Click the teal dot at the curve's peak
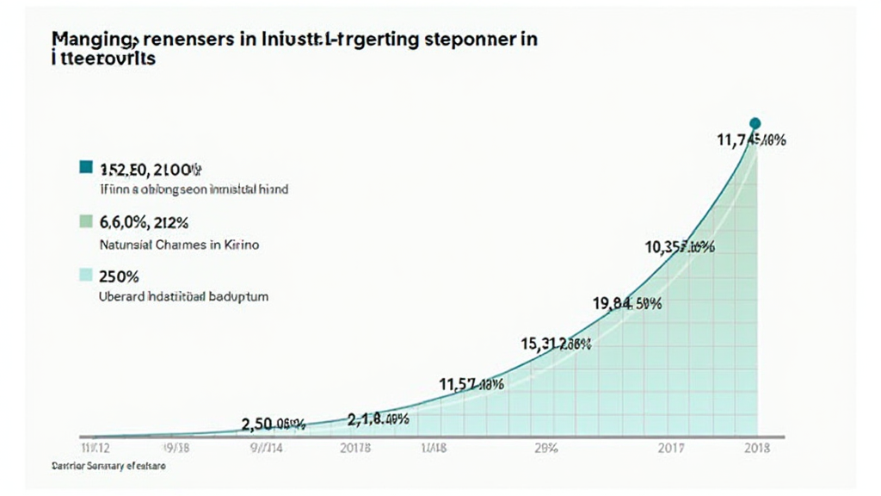pos(755,123)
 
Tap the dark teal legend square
pos(85,168)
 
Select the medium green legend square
pos(85,222)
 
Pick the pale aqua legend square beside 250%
pos(85,276)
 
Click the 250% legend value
pos(120,276)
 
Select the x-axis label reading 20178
pos(355,449)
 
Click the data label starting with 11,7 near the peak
pos(750,141)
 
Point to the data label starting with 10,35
pos(680,248)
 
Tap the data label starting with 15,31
pos(556,344)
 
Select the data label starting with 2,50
pos(274,423)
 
